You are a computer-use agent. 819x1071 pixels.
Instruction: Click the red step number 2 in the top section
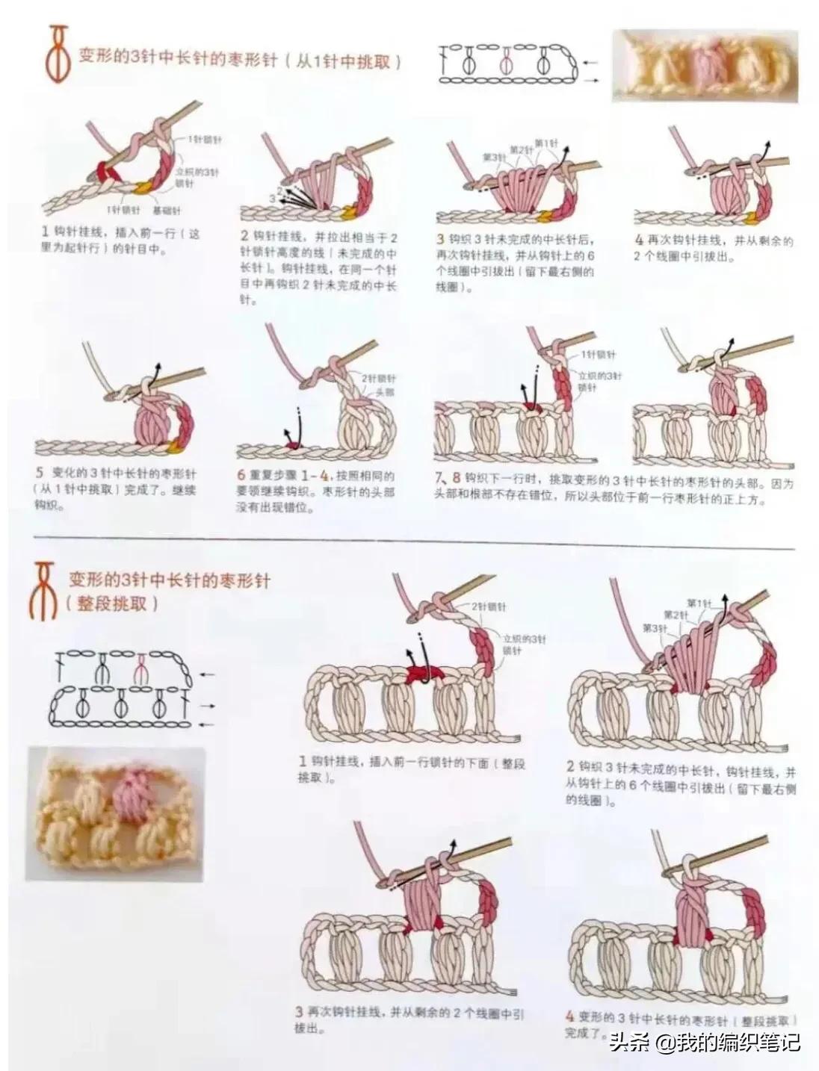point(244,235)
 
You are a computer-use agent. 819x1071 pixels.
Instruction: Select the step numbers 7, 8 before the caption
point(446,477)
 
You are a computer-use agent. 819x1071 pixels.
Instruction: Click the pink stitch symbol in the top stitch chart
point(507,63)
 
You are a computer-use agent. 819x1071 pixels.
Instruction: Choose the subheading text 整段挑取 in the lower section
point(112,604)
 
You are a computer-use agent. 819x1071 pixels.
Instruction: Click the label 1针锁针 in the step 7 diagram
point(598,354)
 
